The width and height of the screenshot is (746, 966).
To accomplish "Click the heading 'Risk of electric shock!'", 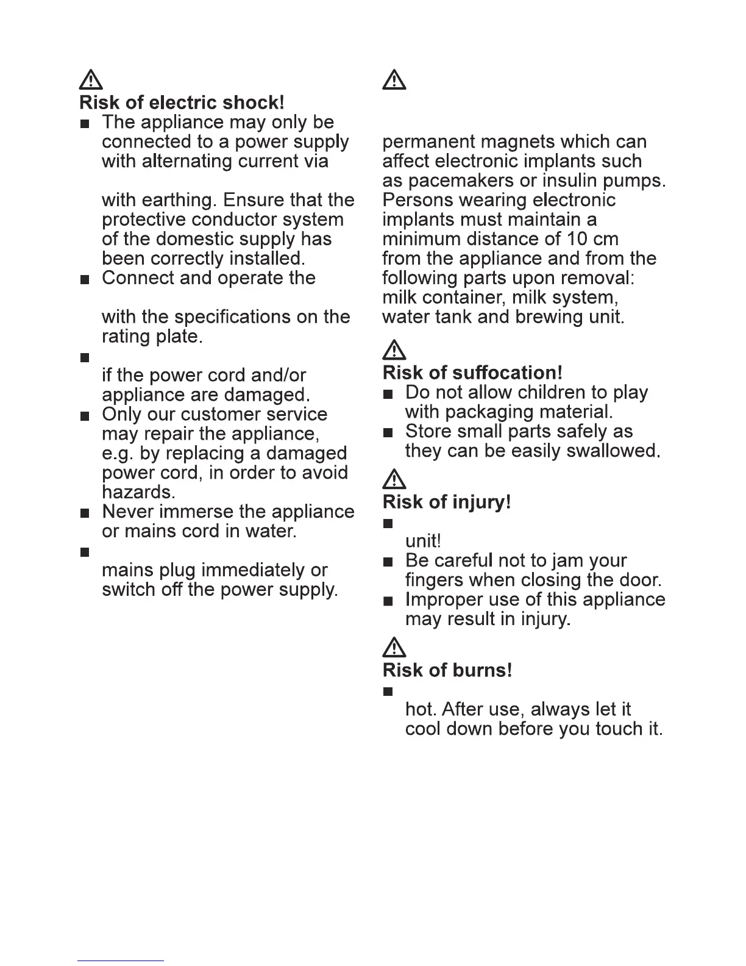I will (182, 102).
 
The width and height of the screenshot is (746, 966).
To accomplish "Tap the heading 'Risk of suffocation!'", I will (472, 372).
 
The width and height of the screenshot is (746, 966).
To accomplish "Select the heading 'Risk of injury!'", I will (447, 502).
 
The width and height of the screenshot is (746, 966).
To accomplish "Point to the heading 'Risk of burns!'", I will (447, 670).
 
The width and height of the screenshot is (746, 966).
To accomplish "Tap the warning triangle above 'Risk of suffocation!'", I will (395, 350).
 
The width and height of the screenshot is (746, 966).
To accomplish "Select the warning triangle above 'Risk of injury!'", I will (395, 480).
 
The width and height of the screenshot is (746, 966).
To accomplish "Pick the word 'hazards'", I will (138, 492).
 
